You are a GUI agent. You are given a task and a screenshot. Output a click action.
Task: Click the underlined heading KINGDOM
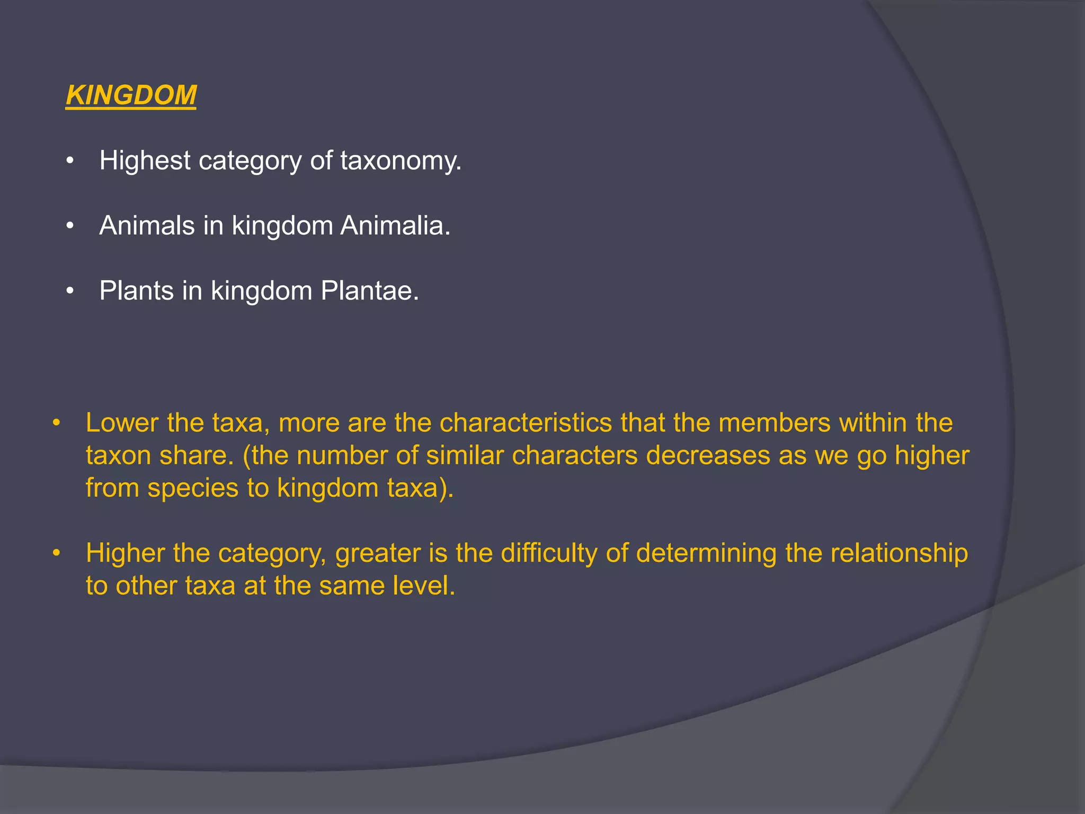[x=131, y=95]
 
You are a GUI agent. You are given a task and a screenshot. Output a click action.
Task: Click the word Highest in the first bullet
[x=145, y=160]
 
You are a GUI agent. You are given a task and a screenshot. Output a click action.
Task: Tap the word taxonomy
[x=401, y=161]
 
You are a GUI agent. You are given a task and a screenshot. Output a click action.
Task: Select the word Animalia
[x=395, y=226]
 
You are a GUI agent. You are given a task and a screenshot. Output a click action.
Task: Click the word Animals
[x=147, y=226]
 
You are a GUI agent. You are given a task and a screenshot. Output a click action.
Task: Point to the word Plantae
[x=369, y=291]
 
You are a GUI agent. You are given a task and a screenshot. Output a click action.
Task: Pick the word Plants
[x=136, y=291]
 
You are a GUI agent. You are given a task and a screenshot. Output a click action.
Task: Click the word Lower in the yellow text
[x=122, y=423]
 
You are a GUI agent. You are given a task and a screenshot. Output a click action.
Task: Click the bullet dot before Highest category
[x=69, y=161]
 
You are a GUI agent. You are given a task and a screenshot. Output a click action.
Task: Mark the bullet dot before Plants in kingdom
[x=69, y=291]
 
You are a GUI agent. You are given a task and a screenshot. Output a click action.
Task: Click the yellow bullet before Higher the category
[x=56, y=554]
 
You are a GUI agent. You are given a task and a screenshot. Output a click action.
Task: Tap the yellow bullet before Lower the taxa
[x=56, y=423]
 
